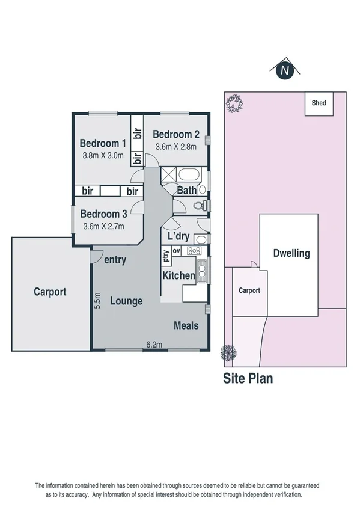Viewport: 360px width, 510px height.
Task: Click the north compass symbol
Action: point(286,70)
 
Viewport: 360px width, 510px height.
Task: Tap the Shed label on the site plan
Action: point(319,103)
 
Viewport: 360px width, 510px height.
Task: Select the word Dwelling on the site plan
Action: point(291,253)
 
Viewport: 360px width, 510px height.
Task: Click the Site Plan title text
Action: point(248,379)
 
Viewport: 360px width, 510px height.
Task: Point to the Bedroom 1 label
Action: point(103,143)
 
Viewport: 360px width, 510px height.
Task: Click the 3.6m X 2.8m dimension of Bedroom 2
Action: point(175,146)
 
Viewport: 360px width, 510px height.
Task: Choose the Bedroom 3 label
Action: point(103,214)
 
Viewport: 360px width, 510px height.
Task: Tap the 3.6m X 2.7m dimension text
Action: point(103,226)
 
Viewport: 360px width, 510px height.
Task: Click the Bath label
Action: point(186,191)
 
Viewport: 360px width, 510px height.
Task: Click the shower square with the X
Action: point(169,176)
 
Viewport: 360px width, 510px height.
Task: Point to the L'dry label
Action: point(179,235)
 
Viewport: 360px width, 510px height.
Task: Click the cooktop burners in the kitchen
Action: point(195,251)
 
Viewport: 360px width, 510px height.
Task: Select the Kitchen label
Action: point(179,275)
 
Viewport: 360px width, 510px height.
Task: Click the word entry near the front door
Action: point(115,260)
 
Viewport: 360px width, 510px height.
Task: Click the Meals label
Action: point(186,325)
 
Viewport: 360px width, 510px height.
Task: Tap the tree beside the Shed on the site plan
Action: point(234,104)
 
